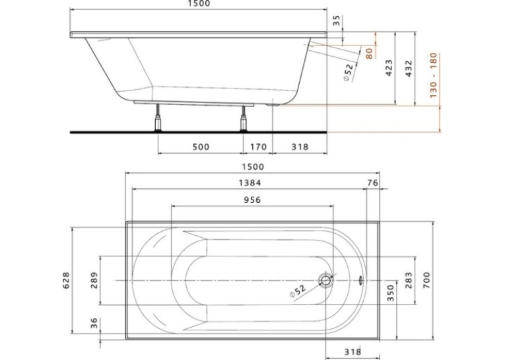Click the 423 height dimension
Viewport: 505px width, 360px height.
point(389,67)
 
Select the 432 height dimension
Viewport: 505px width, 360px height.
point(409,68)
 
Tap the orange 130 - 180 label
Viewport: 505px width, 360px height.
point(434,75)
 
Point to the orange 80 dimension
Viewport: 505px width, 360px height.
point(370,54)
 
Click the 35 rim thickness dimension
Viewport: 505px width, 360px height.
point(336,21)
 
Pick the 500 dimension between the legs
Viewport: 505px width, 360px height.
point(201,147)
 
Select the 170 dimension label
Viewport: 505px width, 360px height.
point(258,147)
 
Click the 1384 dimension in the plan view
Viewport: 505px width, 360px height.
point(250,183)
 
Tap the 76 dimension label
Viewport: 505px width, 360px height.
point(372,183)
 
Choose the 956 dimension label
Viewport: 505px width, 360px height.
point(252,200)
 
